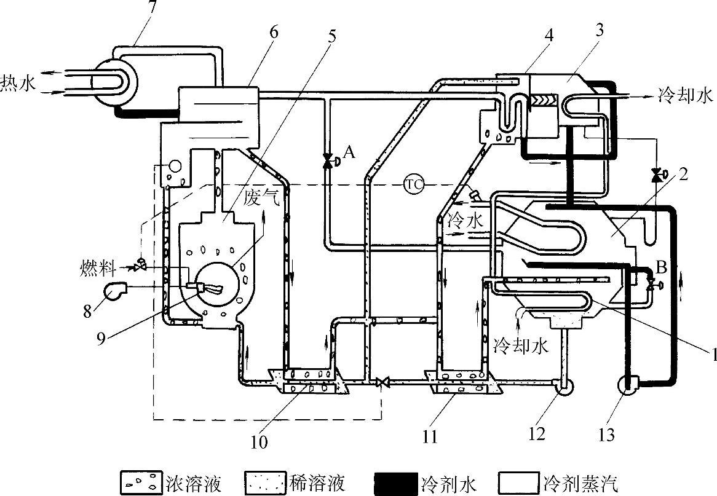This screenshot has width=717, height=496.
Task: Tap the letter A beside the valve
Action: (349, 152)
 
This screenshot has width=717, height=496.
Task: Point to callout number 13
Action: (606, 434)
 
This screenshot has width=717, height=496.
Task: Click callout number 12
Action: (536, 433)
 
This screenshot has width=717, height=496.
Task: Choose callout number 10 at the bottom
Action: (259, 442)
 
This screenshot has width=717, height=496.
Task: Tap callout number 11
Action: (430, 436)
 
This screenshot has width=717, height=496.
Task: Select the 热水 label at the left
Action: (18, 83)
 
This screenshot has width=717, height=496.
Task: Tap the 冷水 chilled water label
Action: (465, 221)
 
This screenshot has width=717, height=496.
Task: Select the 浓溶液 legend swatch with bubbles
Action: (142, 482)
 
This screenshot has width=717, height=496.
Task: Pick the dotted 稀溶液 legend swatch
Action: (266, 482)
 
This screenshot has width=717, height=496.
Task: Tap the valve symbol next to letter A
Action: (328, 160)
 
